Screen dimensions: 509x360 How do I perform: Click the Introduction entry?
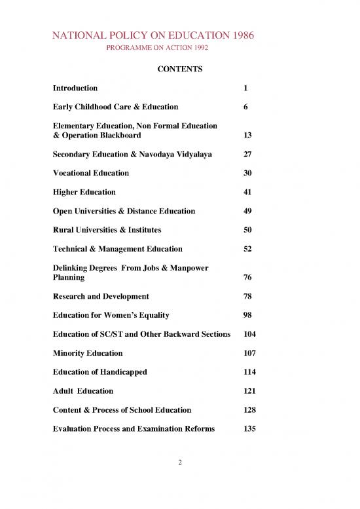point(76,88)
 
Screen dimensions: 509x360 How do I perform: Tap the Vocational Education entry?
point(91,174)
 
